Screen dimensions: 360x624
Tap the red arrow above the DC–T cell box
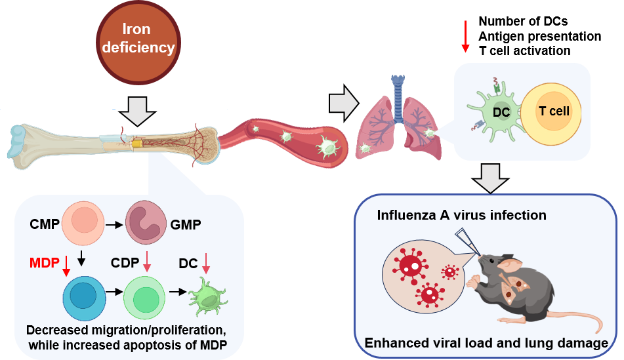[465, 36]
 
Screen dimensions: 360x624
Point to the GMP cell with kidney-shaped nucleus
[148, 224]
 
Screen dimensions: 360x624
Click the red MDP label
[44, 264]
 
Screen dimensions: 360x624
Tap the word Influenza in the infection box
[404, 214]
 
